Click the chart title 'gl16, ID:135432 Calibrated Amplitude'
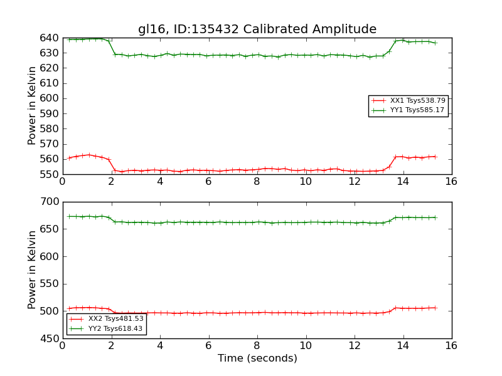257,29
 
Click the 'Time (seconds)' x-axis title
257,358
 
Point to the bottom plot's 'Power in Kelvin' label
33,269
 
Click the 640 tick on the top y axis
50,38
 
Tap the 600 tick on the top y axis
50,98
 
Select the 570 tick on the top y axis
50,144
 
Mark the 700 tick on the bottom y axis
50,202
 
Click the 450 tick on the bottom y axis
50,339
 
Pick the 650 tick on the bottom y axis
50,229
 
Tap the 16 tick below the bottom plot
451,345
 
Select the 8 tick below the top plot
257,181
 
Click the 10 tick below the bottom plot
306,345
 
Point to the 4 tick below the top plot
159,181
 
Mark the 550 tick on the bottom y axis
50,284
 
